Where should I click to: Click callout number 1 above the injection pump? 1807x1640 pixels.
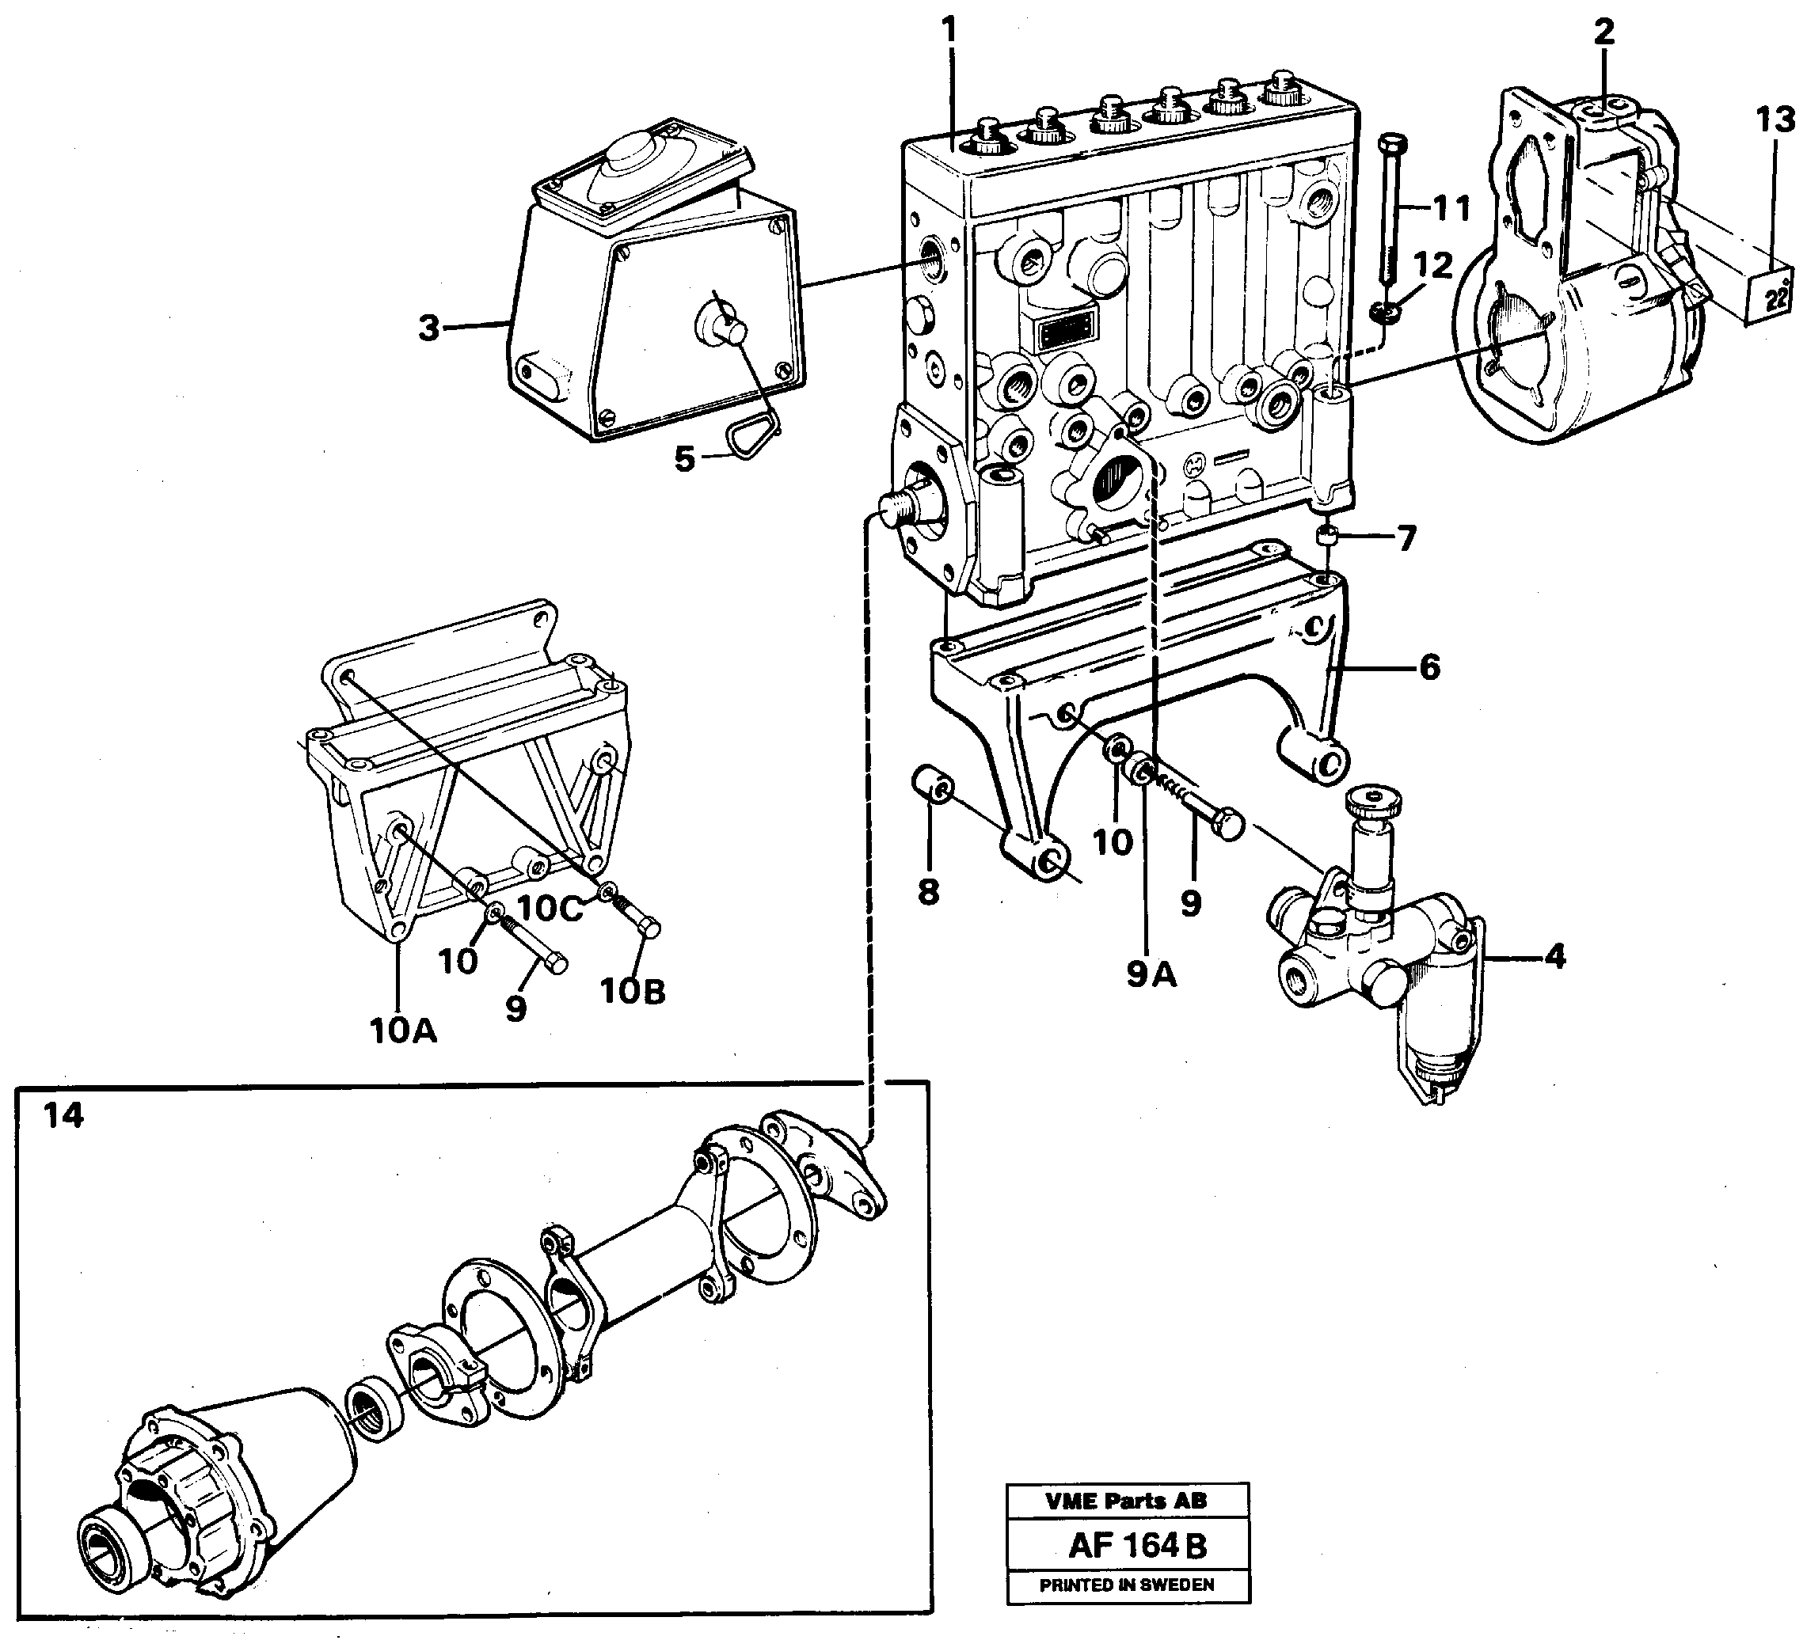tap(949, 32)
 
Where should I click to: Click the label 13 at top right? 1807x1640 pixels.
tap(1775, 120)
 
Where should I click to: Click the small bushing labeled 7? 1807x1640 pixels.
tap(1326, 537)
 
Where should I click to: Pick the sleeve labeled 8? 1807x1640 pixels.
tap(932, 784)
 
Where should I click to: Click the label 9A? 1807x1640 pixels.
tap(1151, 975)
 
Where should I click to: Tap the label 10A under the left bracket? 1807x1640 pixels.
tap(403, 1031)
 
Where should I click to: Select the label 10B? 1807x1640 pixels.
tap(633, 991)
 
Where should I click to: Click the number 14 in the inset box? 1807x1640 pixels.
tap(63, 1116)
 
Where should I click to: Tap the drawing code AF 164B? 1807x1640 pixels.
tap(1137, 1545)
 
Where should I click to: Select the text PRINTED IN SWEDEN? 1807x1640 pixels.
tap(1127, 1585)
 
